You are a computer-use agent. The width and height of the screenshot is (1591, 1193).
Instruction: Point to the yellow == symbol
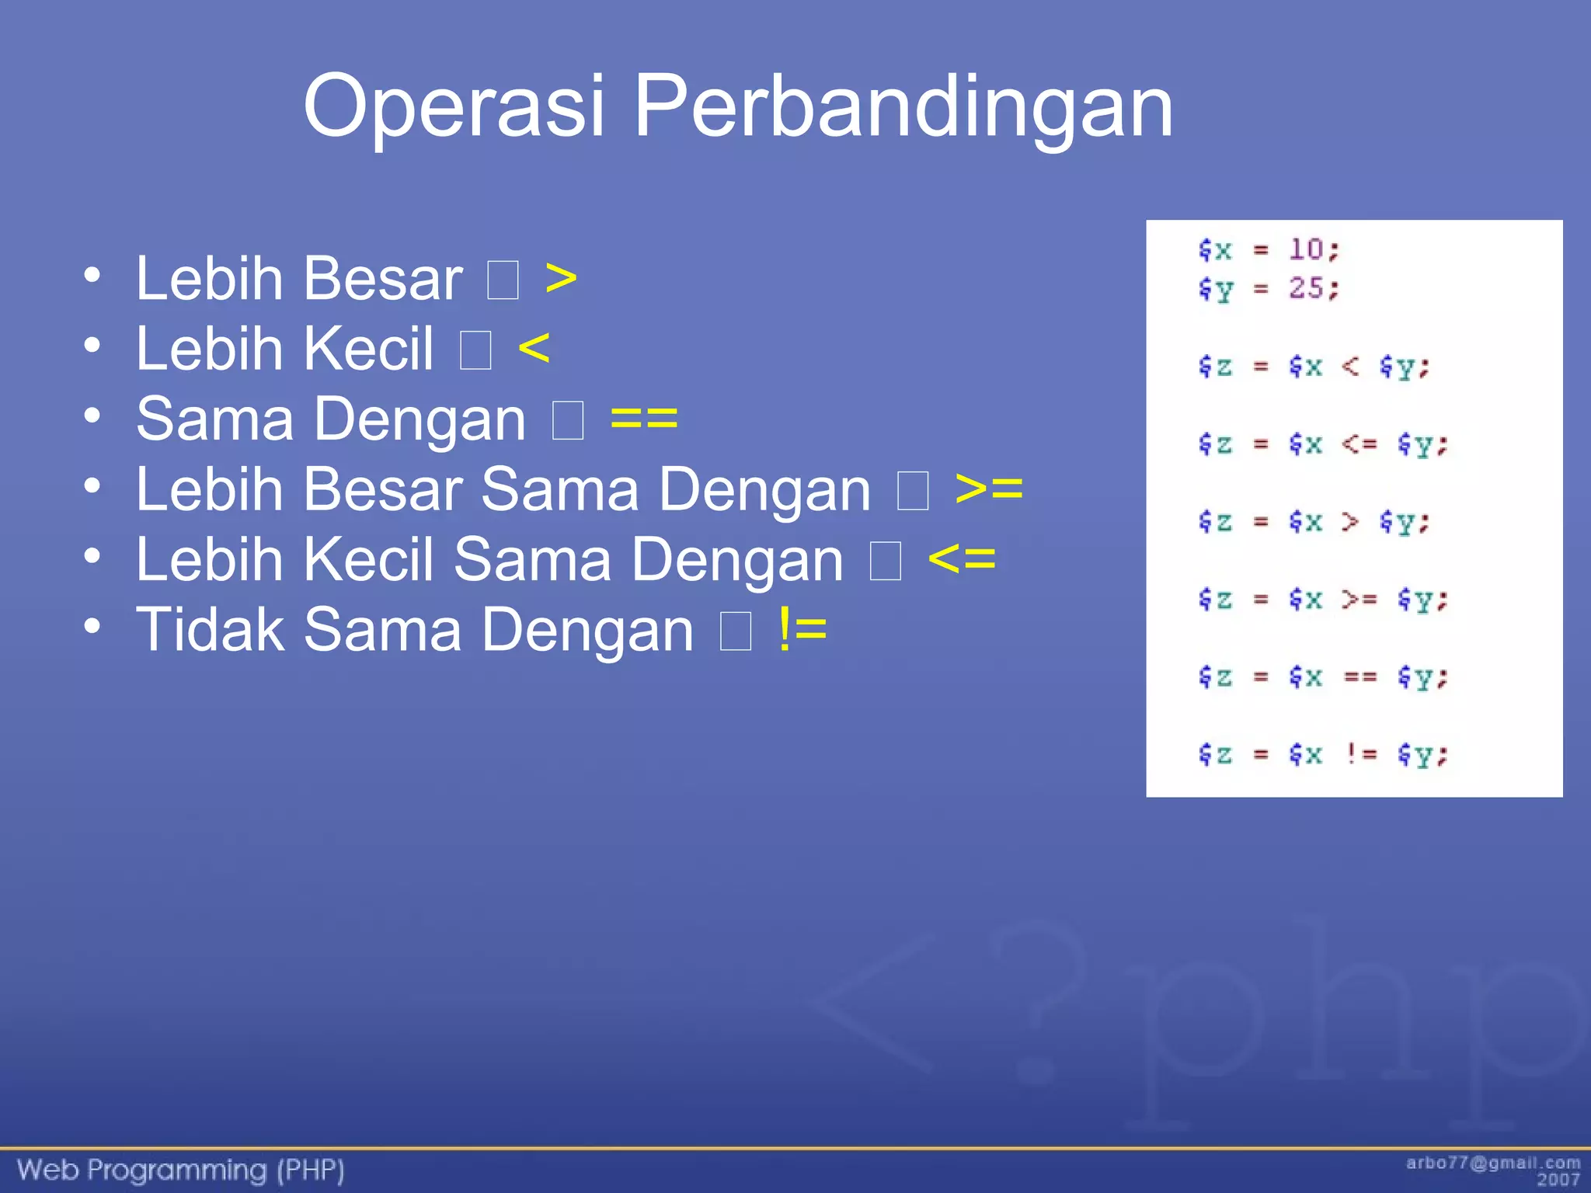(644, 419)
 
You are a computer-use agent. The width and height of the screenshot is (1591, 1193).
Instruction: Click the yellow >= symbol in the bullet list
(989, 489)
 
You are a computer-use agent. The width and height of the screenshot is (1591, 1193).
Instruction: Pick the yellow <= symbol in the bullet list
(962, 558)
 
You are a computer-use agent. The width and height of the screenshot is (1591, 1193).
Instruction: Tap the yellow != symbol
(802, 629)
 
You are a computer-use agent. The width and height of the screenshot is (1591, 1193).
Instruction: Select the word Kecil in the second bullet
(368, 348)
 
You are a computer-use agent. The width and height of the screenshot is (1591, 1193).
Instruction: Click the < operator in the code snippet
(1350, 366)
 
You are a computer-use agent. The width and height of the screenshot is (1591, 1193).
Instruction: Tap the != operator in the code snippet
(1361, 753)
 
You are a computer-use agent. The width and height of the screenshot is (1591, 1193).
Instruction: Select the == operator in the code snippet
(1360, 676)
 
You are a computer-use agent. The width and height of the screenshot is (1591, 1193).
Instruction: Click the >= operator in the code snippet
(1359, 599)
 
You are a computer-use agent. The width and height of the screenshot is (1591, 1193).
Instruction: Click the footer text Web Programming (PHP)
(180, 1170)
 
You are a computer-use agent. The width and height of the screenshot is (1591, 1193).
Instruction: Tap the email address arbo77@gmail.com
(1492, 1163)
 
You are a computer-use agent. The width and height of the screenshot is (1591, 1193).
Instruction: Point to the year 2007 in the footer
(1558, 1180)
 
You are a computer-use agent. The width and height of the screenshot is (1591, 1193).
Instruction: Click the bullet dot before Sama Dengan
(92, 416)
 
